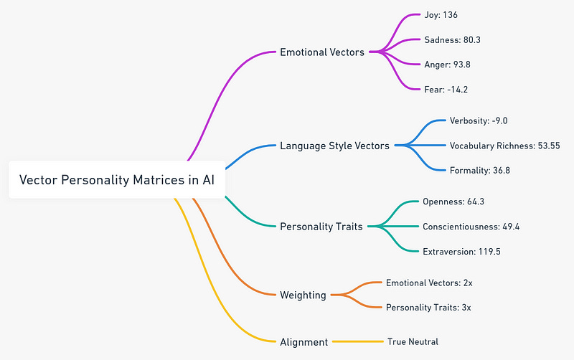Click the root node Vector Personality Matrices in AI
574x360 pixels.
tap(116, 180)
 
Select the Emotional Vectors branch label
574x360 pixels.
tap(322, 52)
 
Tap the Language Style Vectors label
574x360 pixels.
tap(334, 146)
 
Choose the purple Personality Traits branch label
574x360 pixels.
tap(321, 226)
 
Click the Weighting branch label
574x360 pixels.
tap(303, 295)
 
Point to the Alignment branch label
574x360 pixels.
tap(304, 342)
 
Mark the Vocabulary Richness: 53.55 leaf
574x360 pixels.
tap(504, 146)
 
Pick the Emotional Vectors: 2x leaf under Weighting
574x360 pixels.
tap(429, 283)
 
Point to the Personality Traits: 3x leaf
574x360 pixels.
tap(428, 308)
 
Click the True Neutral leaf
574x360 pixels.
tap(413, 342)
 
